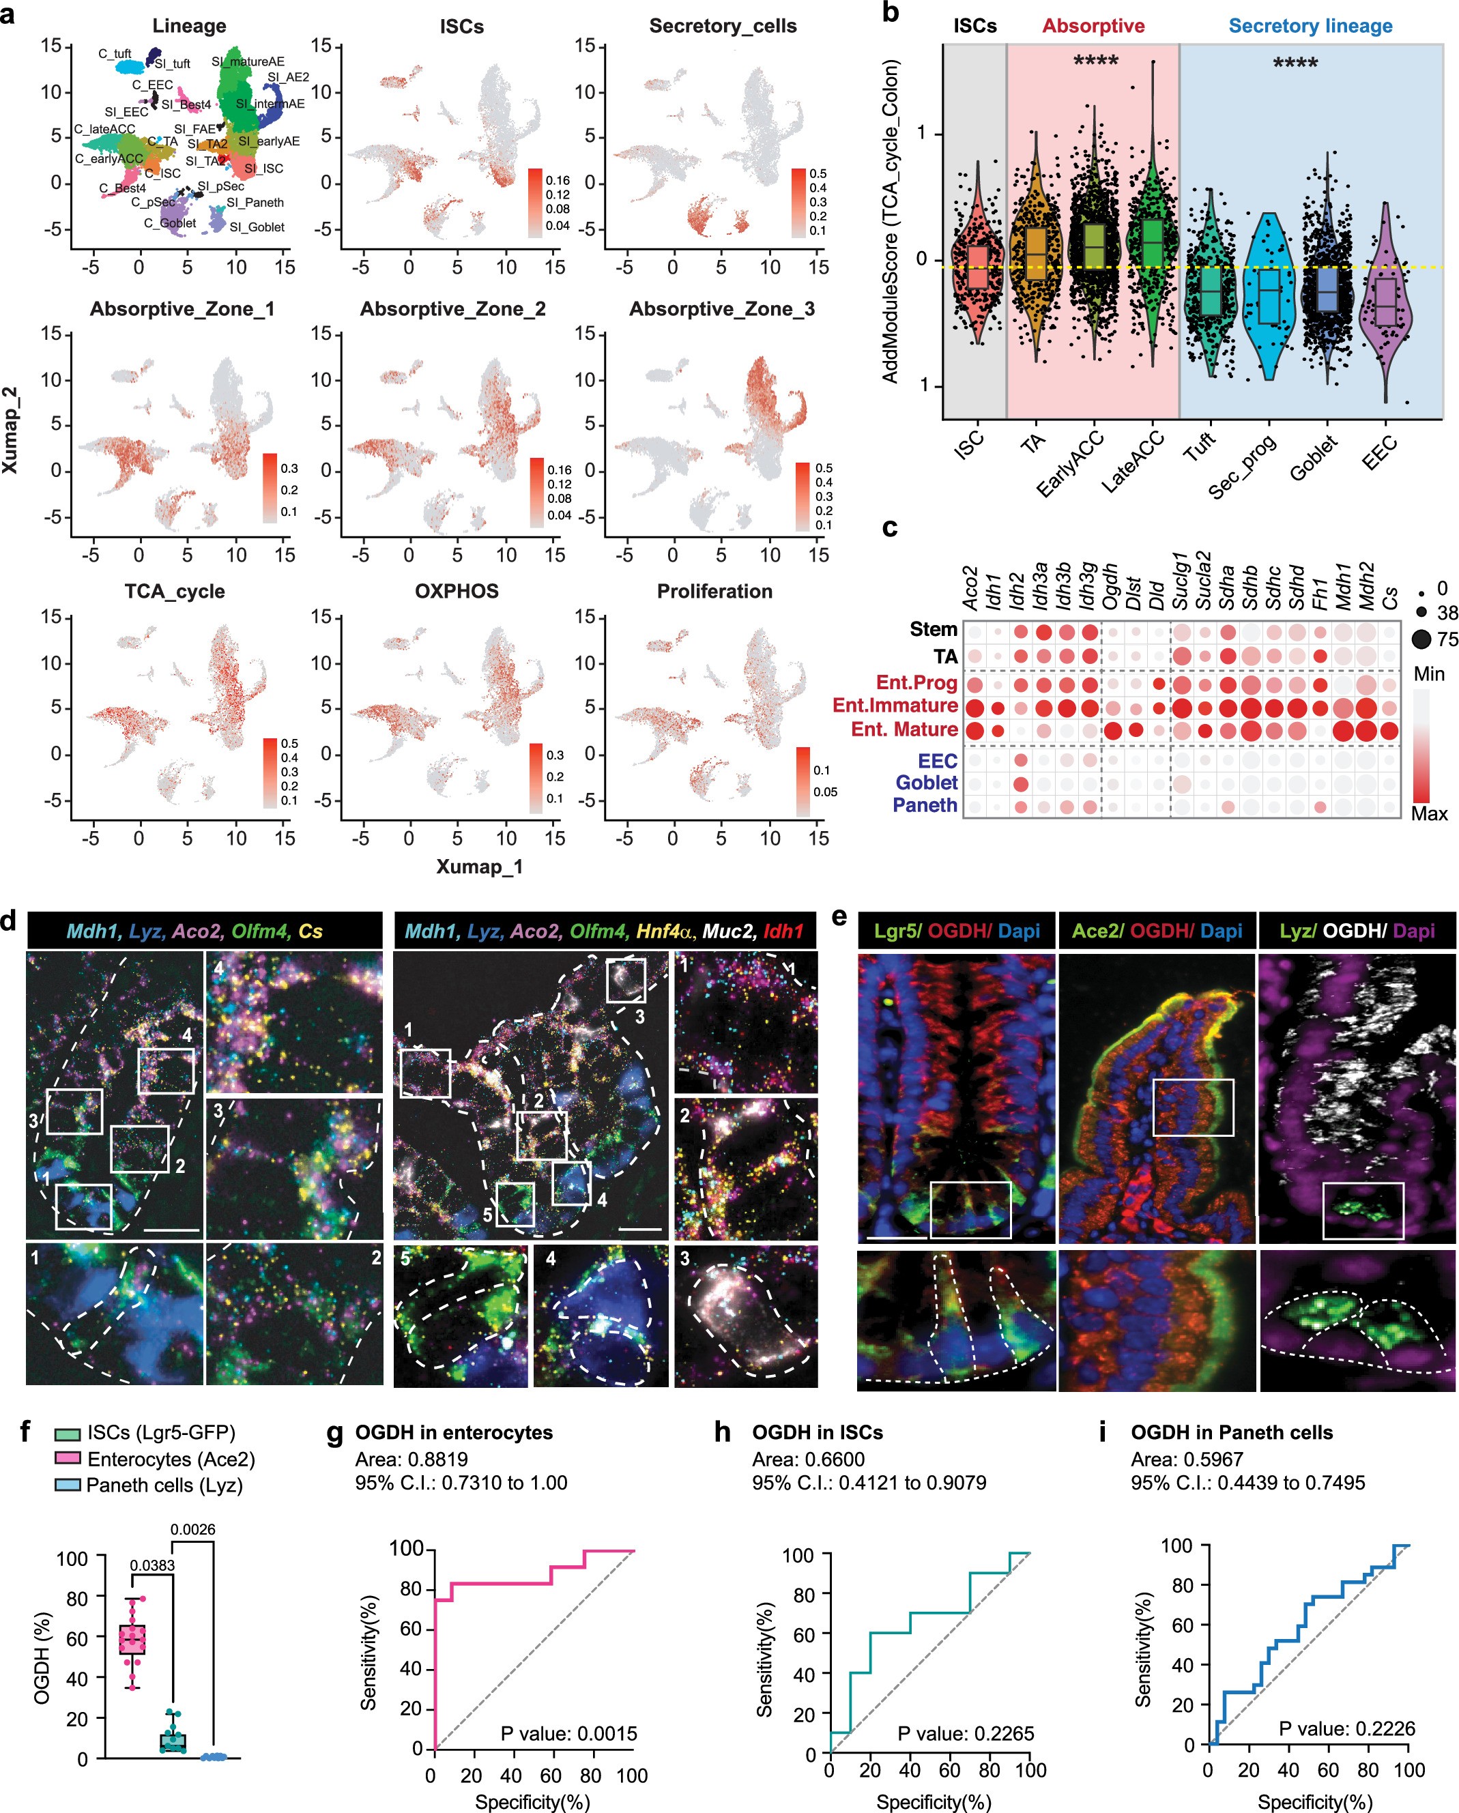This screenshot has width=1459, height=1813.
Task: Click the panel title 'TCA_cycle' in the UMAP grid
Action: [x=175, y=591]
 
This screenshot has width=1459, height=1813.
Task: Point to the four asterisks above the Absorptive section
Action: [x=1096, y=61]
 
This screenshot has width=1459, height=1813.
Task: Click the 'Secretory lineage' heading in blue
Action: [x=1310, y=26]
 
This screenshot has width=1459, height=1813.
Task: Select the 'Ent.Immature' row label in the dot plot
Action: [x=895, y=705]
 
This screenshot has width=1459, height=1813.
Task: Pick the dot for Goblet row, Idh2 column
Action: [x=1021, y=785]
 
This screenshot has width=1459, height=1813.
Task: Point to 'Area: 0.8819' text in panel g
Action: [x=411, y=1459]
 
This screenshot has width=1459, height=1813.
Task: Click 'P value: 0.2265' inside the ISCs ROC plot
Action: [x=966, y=1733]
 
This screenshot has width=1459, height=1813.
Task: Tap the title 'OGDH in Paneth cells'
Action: [x=1231, y=1432]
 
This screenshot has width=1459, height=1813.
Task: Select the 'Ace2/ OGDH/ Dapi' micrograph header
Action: [x=1156, y=931]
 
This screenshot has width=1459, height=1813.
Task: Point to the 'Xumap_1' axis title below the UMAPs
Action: [x=479, y=866]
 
